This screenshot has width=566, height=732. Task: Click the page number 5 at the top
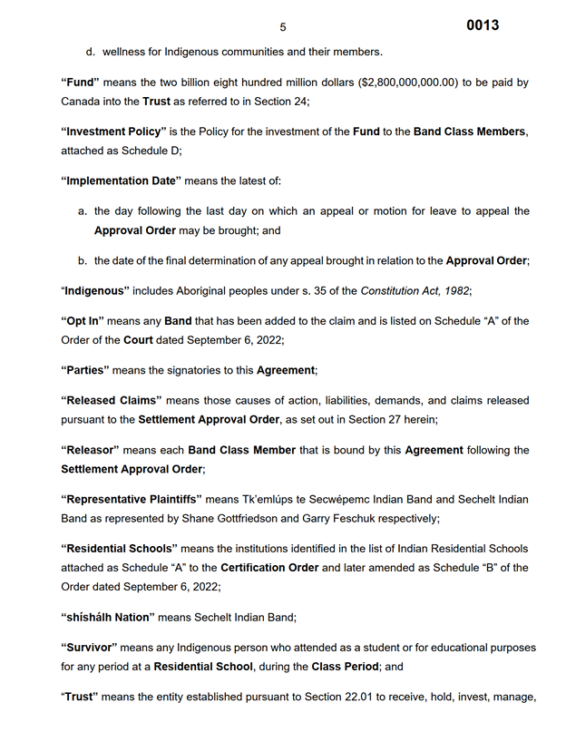click(x=283, y=27)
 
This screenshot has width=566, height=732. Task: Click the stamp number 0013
click(x=483, y=25)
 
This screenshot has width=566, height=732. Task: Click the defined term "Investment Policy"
click(x=113, y=132)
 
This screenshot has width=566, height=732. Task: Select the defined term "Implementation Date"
click(x=122, y=181)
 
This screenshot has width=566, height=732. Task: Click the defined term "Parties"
click(x=88, y=370)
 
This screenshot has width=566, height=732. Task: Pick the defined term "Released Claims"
click(x=112, y=400)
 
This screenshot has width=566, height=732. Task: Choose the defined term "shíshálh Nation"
click(x=110, y=617)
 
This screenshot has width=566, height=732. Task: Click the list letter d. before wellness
click(x=91, y=52)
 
